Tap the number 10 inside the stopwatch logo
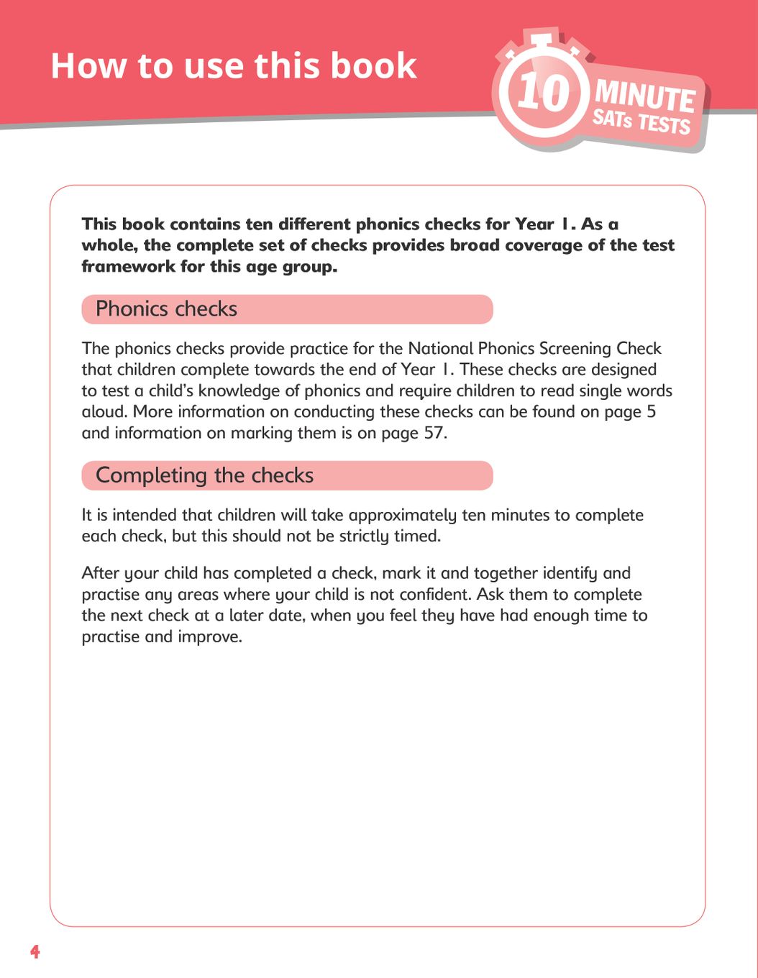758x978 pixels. [x=544, y=92]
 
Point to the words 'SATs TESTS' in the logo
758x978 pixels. [x=641, y=122]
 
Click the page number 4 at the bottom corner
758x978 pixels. [x=35, y=952]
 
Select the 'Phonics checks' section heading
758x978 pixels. [x=166, y=309]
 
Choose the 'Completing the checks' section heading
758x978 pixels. [x=205, y=475]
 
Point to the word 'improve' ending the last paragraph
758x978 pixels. [x=209, y=637]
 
